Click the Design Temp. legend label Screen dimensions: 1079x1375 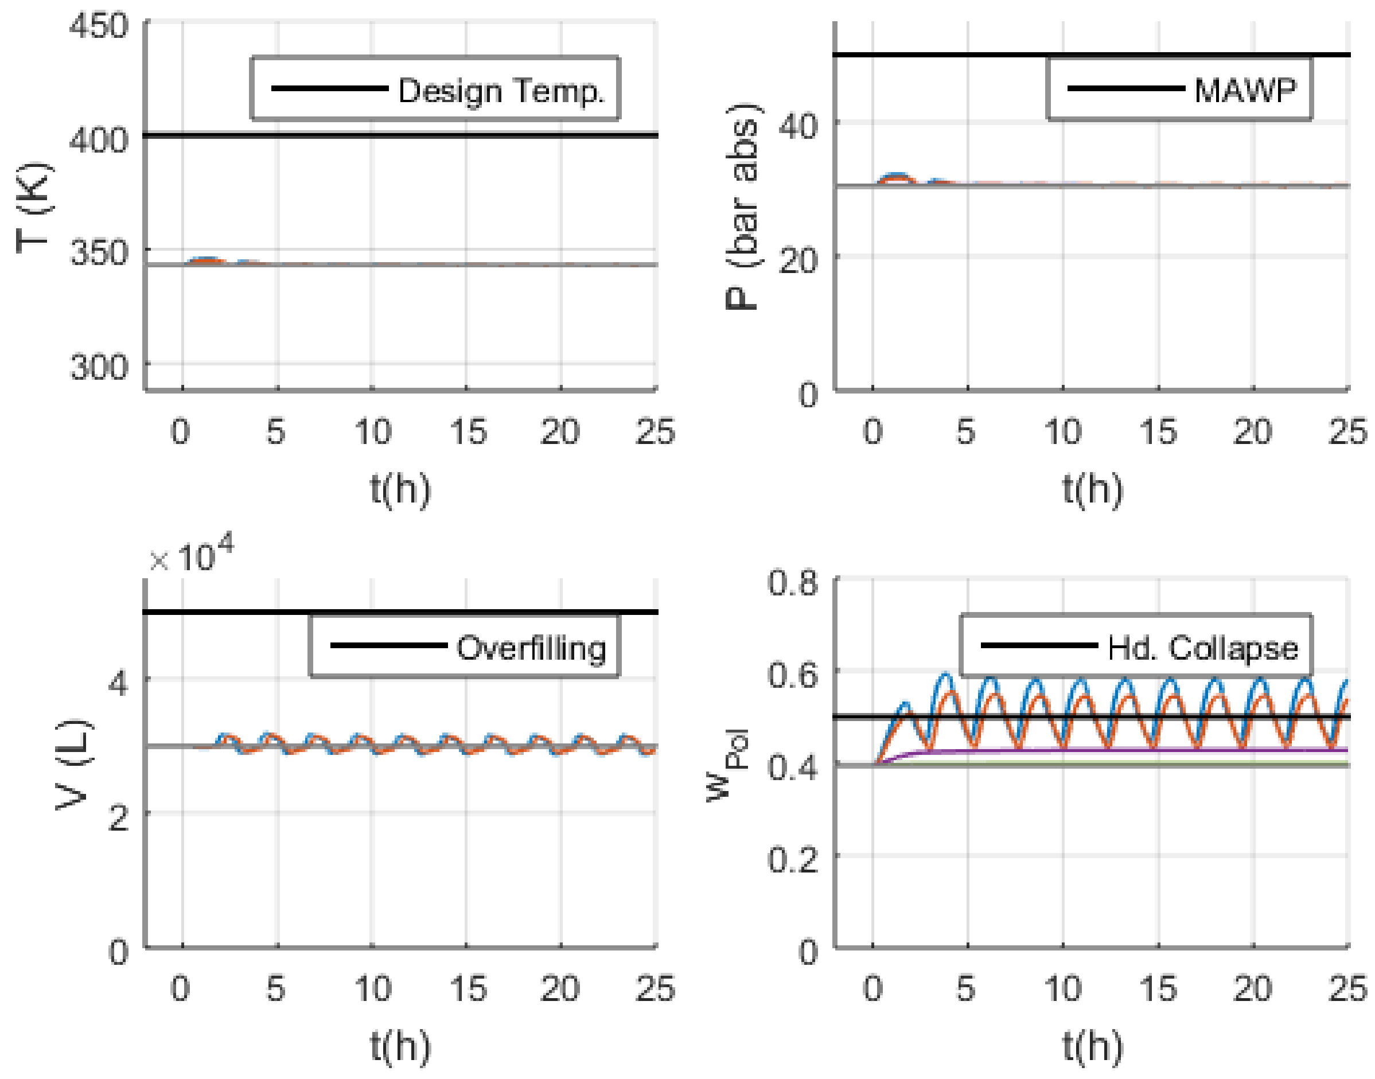[x=501, y=90]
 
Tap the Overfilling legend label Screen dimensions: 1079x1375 [x=531, y=648]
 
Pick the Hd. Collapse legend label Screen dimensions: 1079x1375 [x=1202, y=648]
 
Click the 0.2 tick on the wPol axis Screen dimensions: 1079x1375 [x=792, y=859]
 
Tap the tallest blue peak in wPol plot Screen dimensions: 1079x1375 [x=945, y=674]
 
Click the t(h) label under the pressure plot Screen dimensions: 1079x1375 [x=1092, y=489]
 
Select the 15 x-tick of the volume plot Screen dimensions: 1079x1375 [x=468, y=990]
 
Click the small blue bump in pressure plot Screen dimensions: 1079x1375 [x=897, y=175]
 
